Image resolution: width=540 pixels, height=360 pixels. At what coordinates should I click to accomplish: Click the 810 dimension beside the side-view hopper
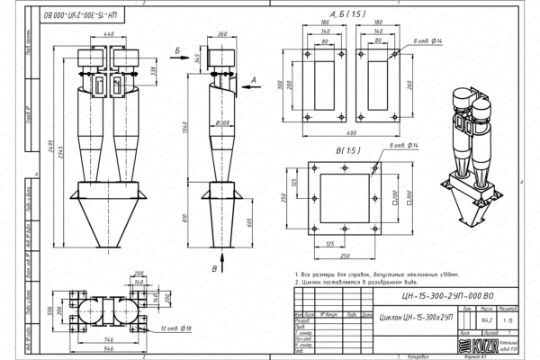pos(187,218)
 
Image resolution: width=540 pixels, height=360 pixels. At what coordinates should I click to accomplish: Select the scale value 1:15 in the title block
pos(510,318)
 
